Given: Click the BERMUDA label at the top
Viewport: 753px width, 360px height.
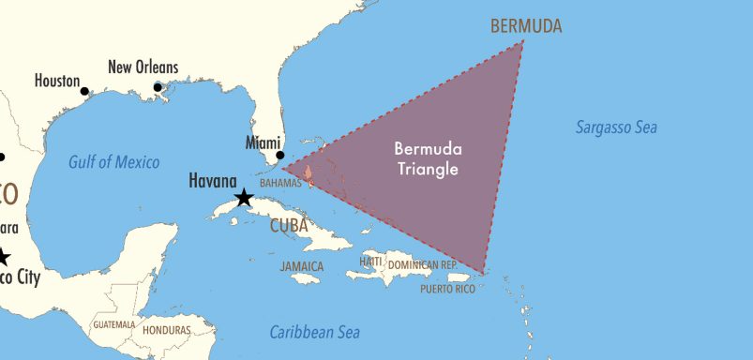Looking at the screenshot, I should coord(526,25).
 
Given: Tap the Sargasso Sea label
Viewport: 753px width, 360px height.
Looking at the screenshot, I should coord(616,127).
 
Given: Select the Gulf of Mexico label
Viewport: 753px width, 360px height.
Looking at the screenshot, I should coord(113,162).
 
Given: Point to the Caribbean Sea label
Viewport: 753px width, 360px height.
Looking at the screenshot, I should coord(314,332).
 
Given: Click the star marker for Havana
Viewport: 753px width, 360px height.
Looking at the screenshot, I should coord(243,198).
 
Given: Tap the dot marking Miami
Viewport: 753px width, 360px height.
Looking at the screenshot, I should coord(279,156).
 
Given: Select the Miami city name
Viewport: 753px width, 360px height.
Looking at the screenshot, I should coord(264,142).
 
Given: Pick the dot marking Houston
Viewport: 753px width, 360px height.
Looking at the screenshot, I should coord(84,91).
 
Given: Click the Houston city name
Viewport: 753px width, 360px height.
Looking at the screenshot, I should coord(57,81).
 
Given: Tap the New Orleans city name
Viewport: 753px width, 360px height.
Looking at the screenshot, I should coord(143,67).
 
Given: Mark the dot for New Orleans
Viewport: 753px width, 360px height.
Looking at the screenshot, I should coord(158,88).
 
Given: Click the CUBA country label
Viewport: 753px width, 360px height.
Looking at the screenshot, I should coord(289,226).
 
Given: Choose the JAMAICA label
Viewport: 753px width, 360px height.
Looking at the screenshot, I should coord(301,267).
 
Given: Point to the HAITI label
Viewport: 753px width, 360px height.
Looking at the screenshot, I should coord(371,261).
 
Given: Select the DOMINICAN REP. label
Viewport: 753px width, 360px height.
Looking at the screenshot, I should coord(422,265).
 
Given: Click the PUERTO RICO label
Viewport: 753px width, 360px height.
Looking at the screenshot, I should coord(446,289).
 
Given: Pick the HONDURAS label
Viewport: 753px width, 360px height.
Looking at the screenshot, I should coord(166,330).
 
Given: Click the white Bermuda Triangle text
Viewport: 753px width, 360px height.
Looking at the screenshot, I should coord(428,159).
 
